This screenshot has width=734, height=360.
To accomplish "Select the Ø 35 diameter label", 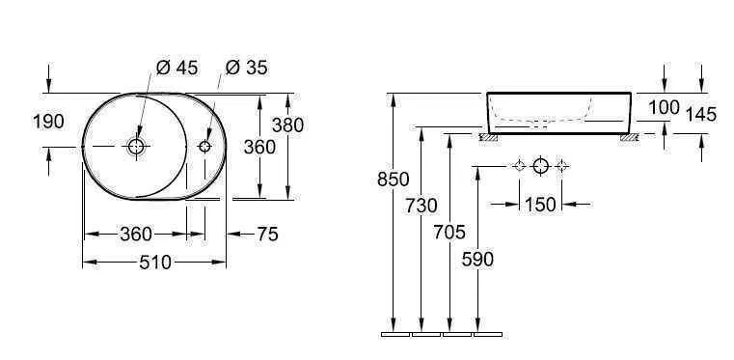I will pyautogui.click(x=247, y=68).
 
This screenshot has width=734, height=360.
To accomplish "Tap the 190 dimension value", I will pyautogui.click(x=48, y=122).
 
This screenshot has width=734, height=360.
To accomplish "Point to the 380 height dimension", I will pyautogui.click(x=287, y=125).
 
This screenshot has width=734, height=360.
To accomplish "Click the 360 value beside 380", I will pyautogui.click(x=259, y=147).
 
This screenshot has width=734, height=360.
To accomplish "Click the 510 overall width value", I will pyautogui.click(x=154, y=262).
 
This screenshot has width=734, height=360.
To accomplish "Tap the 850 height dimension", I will pyautogui.click(x=394, y=180).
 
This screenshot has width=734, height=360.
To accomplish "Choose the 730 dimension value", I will pyautogui.click(x=421, y=206).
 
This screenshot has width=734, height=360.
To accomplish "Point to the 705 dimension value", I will pyautogui.click(x=449, y=233).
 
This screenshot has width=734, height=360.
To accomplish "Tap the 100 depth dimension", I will pyautogui.click(x=664, y=108).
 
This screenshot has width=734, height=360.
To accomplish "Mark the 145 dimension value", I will pyautogui.click(x=700, y=115).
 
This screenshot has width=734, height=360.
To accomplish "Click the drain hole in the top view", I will pyautogui.click(x=136, y=147).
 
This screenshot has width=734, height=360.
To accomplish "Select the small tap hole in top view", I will pyautogui.click(x=204, y=147).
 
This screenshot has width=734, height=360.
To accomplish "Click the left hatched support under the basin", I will pyautogui.click(x=490, y=137).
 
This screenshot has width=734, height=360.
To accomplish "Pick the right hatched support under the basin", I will pyautogui.click(x=630, y=137).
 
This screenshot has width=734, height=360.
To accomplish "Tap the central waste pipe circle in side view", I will pyautogui.click(x=541, y=167).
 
